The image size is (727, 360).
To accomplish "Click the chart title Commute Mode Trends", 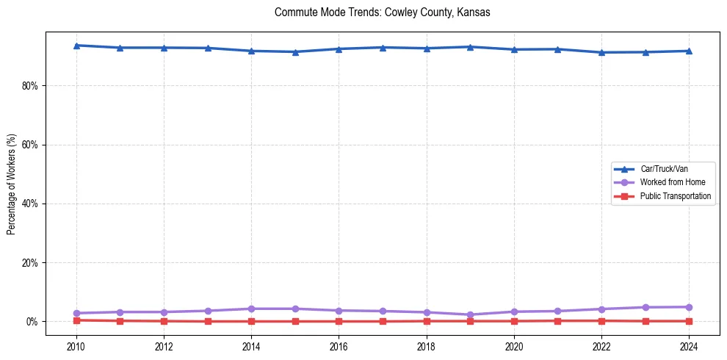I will click(382, 12).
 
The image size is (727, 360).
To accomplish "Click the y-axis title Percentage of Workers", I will click(11, 184).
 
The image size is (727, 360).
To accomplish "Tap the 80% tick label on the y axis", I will click(29, 86).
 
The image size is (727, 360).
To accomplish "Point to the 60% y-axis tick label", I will click(29, 145).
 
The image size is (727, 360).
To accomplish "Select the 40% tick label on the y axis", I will click(29, 204).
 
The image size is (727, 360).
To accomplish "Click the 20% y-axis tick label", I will click(29, 262).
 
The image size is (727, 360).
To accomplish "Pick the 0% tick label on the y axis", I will click(32, 322).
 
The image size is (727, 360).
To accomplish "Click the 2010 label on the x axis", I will click(76, 346).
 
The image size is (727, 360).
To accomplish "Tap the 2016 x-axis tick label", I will click(339, 346).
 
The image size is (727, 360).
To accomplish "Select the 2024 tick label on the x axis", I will click(689, 346).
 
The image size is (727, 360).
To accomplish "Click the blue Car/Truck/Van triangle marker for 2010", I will click(76, 46).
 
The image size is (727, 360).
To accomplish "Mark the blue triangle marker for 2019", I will click(470, 47).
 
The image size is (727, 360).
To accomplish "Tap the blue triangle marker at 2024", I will click(689, 51).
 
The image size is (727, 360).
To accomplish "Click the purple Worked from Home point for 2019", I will click(470, 314).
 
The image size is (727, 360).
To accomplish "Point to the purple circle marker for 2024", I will click(689, 307).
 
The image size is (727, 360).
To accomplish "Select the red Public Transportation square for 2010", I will click(76, 320).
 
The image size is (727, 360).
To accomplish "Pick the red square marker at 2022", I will click(601, 320).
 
